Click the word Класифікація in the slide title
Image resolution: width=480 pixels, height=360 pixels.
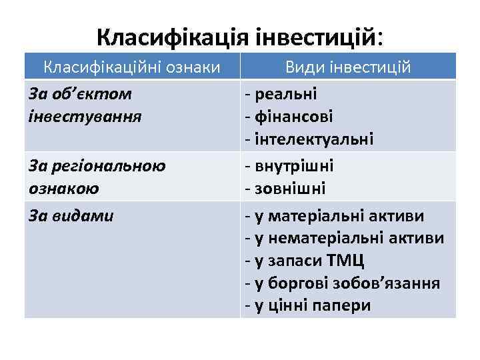pos(173,36)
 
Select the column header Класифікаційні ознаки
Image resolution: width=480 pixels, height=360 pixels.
pos(132,67)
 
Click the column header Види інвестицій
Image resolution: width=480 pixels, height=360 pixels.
pos(348,67)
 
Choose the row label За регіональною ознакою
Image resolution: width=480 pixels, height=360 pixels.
pos(97,177)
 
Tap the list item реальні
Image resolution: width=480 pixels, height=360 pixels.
pos(284,94)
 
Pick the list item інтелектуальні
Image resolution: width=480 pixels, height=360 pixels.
pos(313,139)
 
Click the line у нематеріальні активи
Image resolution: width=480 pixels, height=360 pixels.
pos(347,238)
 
